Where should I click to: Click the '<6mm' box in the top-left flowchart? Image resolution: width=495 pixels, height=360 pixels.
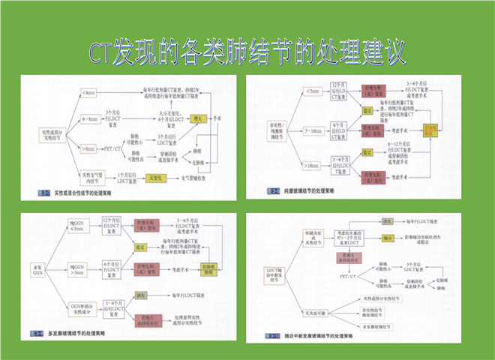point(88,93)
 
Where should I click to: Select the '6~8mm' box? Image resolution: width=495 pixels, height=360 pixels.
point(88,118)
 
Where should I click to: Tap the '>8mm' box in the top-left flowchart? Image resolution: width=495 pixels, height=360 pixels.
point(88,148)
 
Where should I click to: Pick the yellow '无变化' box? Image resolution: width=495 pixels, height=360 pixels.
point(155,178)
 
